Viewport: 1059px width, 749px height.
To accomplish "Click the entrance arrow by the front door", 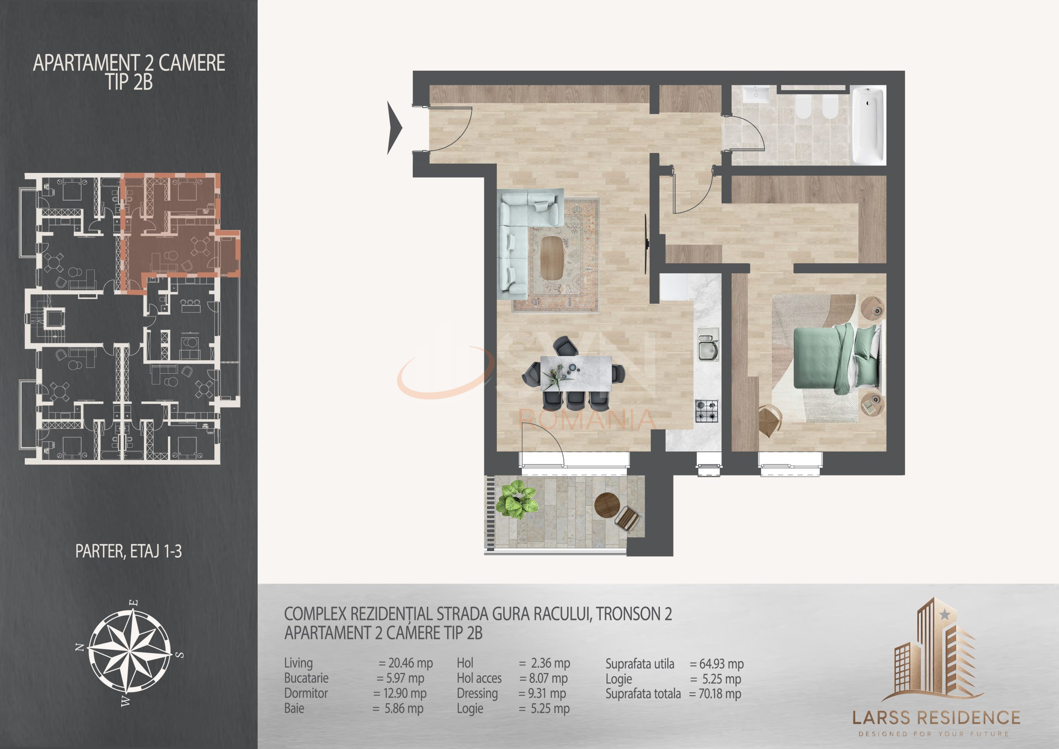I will click(394, 128).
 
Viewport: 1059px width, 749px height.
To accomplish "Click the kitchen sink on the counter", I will click(707, 350).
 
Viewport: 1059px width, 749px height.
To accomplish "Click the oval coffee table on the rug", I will click(553, 258).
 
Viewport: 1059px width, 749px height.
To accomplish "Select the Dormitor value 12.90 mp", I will click(400, 693).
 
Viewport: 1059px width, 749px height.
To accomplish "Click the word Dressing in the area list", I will click(477, 693).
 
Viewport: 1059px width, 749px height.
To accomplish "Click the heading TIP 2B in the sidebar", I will click(129, 83).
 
